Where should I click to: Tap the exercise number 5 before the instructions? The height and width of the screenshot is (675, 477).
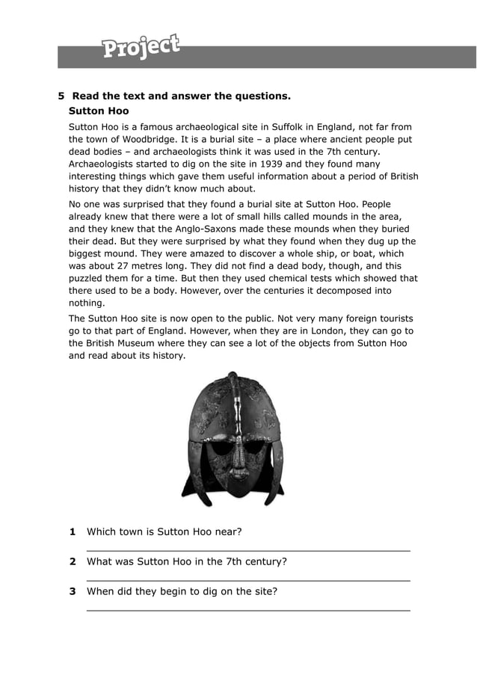pos(62,96)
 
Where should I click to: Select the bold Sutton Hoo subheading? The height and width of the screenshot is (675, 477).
pos(99,111)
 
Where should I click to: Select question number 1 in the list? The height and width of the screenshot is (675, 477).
pos(73,531)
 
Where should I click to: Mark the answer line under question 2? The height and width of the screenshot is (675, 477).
pos(248,580)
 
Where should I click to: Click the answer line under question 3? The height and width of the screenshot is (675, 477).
pos(248,610)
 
